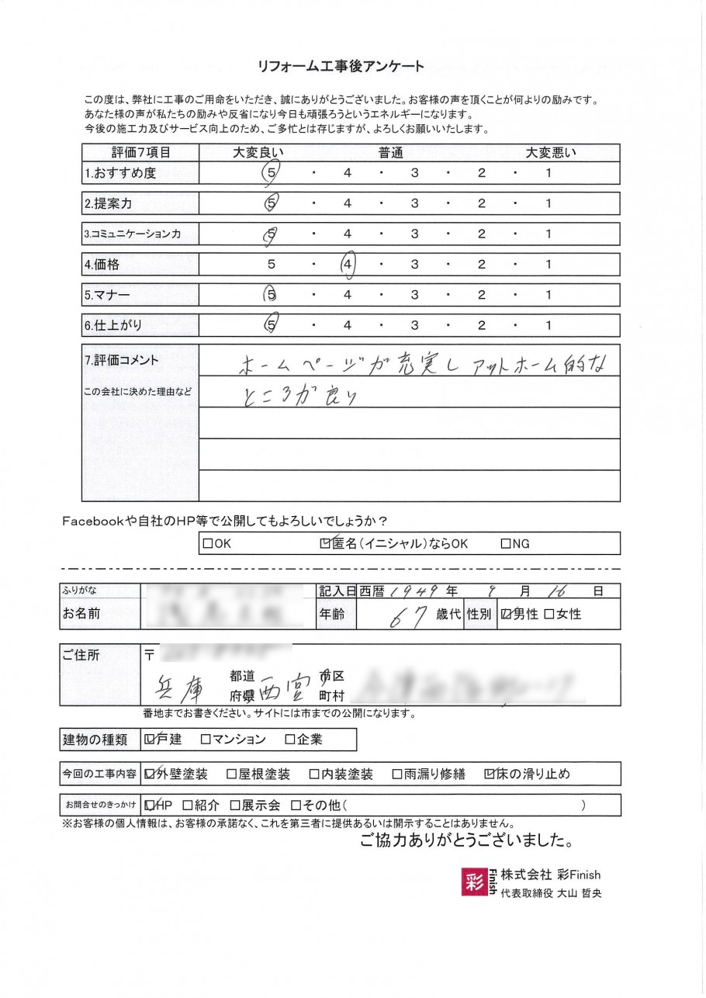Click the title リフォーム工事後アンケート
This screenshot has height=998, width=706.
[x=341, y=67]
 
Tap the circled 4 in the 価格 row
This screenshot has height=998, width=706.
[x=347, y=265]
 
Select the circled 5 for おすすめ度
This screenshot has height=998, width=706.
[x=271, y=174]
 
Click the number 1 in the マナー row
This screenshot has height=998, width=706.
[x=548, y=296]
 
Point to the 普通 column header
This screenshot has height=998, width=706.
[x=390, y=153]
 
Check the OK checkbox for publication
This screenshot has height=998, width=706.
[x=208, y=544]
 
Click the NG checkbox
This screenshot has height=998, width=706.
[x=506, y=544]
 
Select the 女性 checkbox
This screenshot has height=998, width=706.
[x=549, y=615]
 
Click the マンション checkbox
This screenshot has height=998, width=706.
[x=206, y=740]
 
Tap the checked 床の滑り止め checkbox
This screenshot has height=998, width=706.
[x=489, y=774]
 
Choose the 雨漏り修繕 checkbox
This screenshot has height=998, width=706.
[x=397, y=774]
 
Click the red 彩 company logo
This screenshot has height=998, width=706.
[x=474, y=881]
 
